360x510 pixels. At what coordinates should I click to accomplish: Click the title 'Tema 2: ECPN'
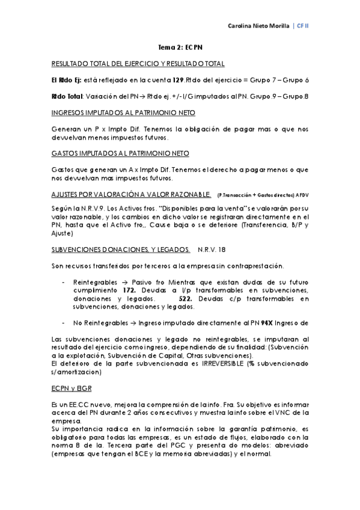click(x=180, y=46)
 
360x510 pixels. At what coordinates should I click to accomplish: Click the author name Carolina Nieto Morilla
click(x=259, y=27)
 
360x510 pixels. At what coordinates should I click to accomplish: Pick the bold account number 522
click(x=188, y=298)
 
